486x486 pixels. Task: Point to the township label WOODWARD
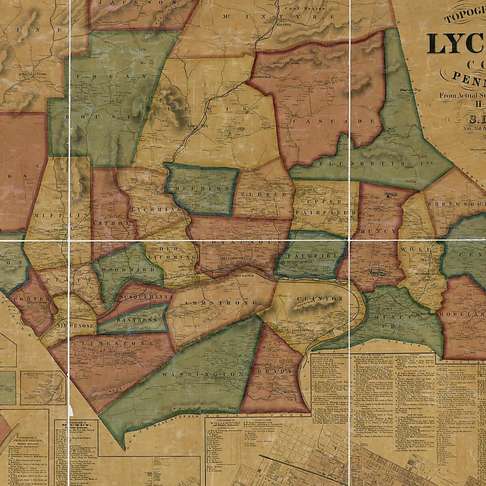[x=128, y=269]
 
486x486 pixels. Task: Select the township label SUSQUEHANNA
[x=147, y=296]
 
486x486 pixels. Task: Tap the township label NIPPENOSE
[x=69, y=325]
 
